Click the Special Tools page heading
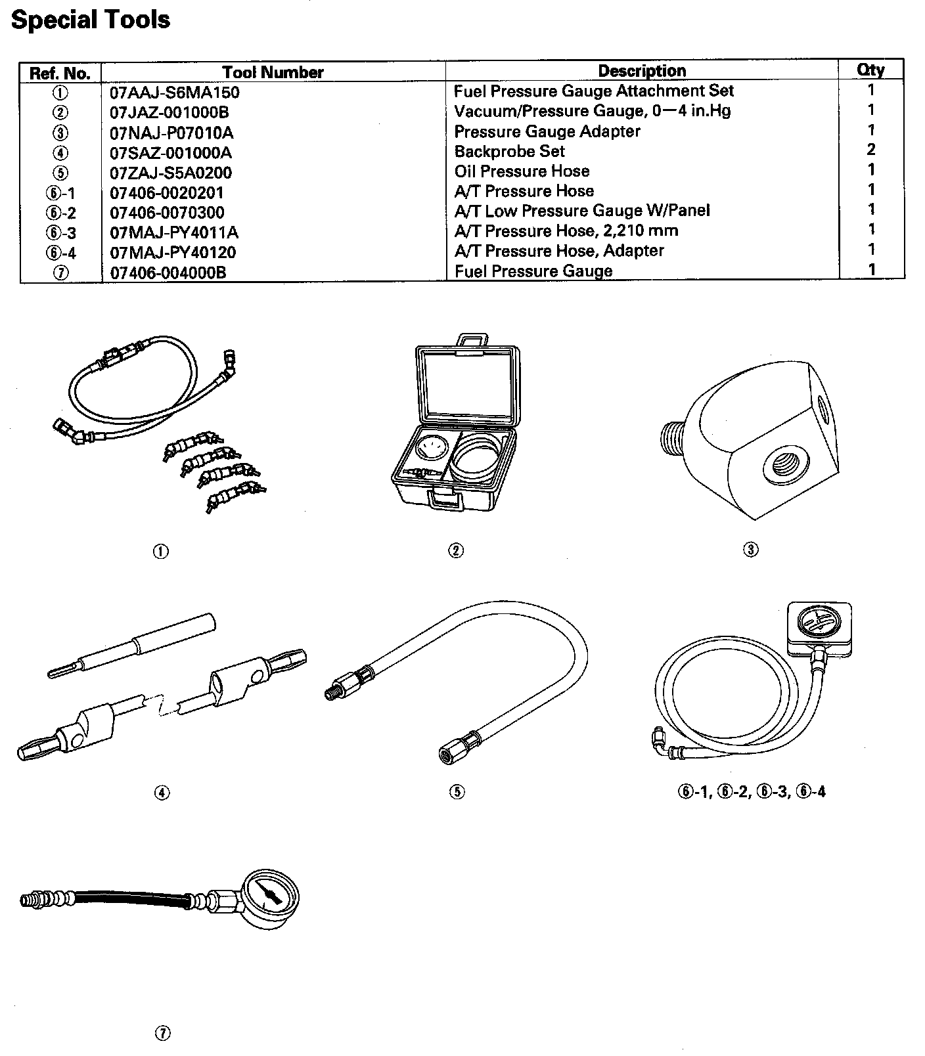91,20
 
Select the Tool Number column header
273,72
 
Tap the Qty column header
870,70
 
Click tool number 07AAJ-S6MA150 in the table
175,93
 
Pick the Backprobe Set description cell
509,152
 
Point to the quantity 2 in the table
870,150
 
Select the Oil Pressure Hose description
522,171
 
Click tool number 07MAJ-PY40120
173,253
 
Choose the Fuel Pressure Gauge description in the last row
533,271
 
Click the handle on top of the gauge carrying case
471,341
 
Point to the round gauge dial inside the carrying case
431,452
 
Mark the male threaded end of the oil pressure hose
334,690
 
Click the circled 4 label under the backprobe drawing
162,793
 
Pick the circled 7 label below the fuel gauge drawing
162,1034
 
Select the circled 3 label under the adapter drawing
750,550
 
